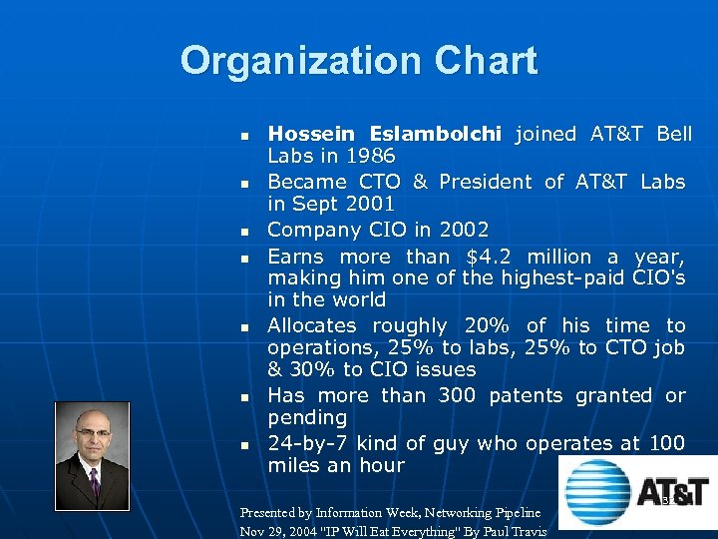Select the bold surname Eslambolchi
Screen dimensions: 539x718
click(x=440, y=134)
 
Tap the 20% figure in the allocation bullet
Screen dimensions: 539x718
click(x=491, y=325)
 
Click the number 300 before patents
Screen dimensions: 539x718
click(x=457, y=395)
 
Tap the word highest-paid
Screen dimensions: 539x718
click(x=567, y=277)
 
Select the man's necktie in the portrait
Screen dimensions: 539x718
click(x=95, y=483)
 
